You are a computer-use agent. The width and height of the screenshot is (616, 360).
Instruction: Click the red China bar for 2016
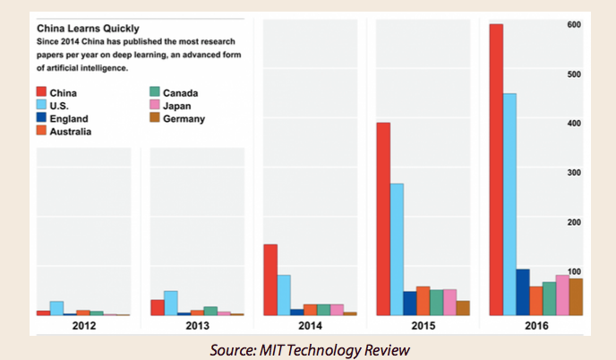(496, 169)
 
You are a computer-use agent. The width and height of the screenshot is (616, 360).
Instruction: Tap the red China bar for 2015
(383, 219)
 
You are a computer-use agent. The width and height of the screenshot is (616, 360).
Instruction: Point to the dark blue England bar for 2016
(523, 292)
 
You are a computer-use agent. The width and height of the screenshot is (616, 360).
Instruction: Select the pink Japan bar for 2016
(562, 295)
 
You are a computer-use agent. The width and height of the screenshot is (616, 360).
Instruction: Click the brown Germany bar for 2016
(576, 296)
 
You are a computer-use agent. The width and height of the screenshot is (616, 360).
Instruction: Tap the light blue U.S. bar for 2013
(170, 303)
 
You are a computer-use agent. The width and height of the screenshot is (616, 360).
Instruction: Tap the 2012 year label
(83, 327)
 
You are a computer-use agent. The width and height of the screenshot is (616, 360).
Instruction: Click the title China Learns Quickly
(87, 28)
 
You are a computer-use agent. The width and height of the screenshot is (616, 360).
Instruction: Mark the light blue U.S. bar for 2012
(56, 308)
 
